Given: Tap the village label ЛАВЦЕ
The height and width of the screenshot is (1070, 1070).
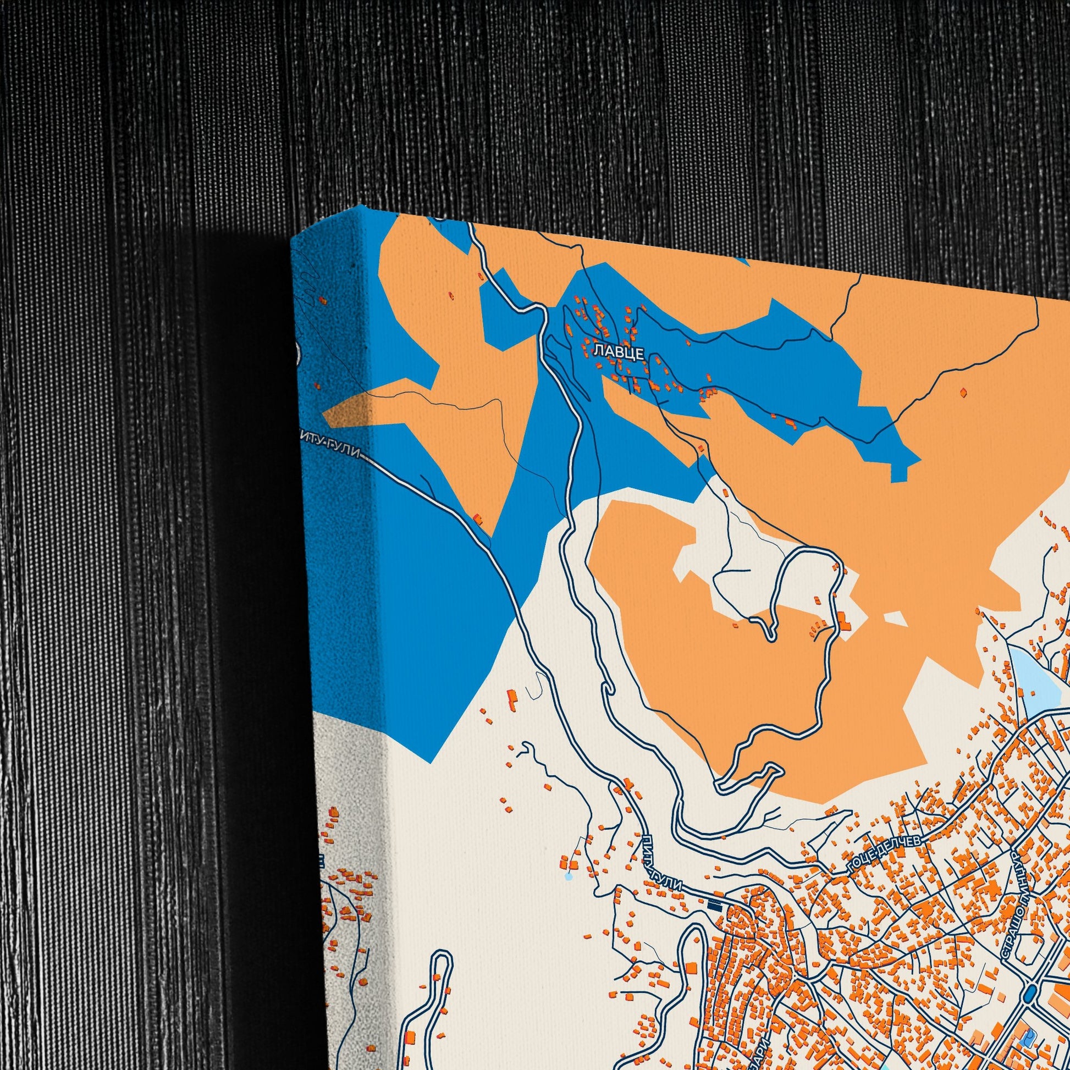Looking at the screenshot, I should (619, 352).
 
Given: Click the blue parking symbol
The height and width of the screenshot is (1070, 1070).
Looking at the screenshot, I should (1028, 1034).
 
